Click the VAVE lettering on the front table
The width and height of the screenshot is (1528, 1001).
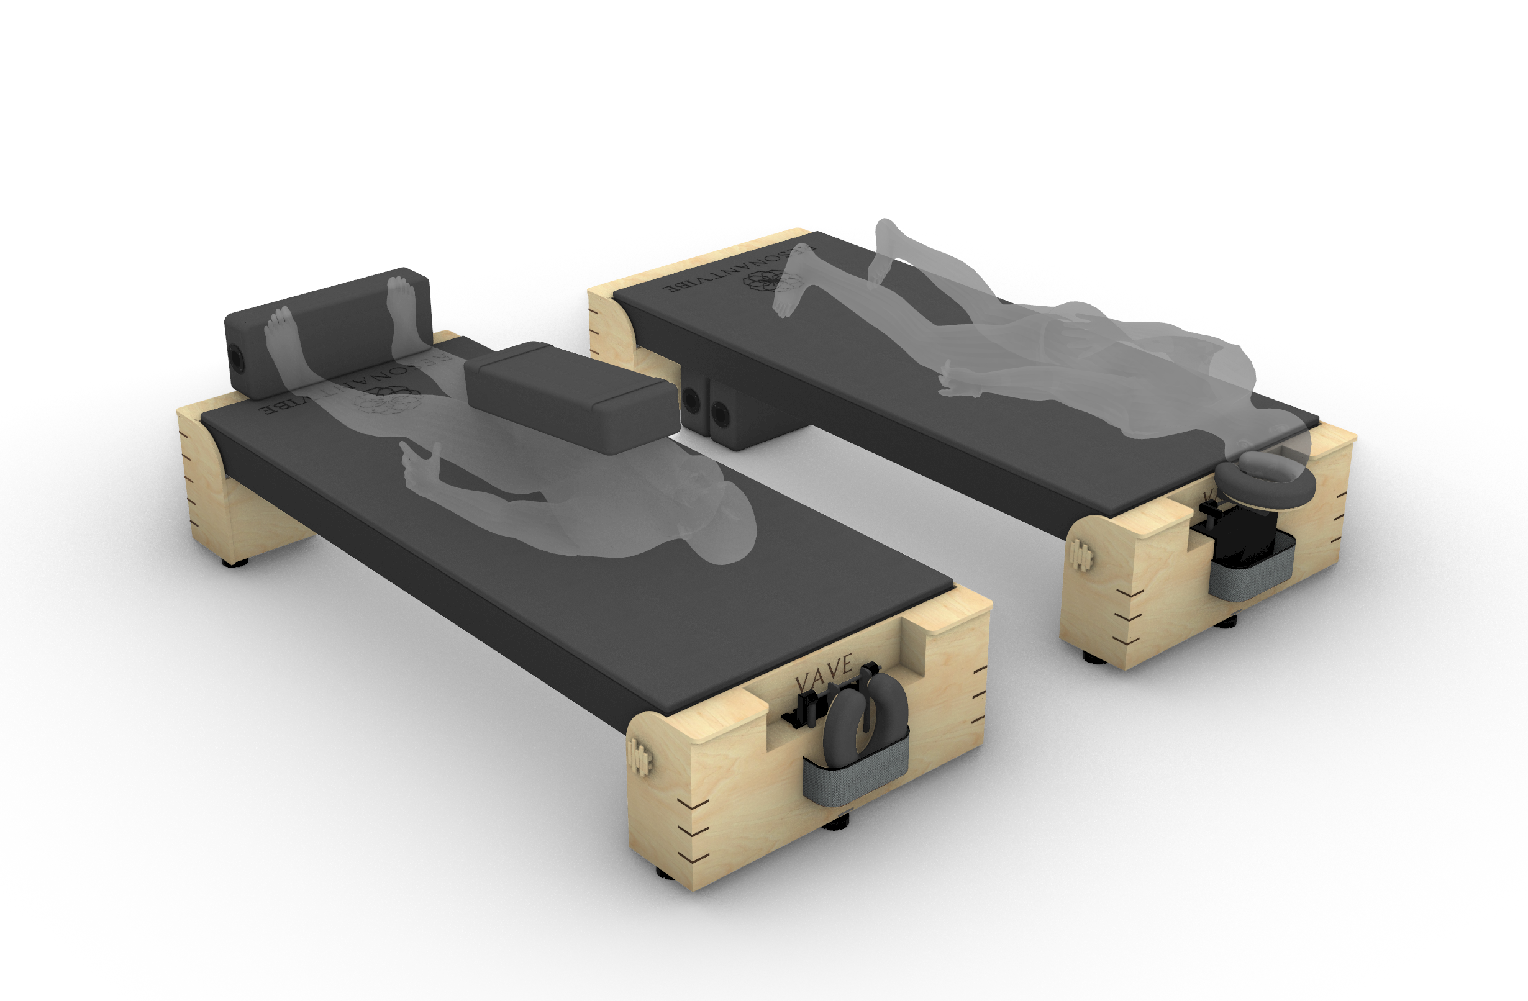[824, 669]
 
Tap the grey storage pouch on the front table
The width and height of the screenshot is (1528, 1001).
[856, 778]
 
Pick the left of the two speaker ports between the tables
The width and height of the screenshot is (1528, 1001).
[691, 401]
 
